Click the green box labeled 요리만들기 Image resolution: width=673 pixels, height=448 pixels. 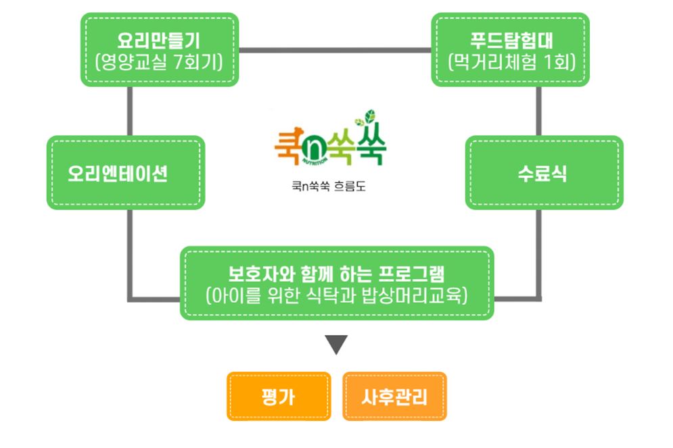160,49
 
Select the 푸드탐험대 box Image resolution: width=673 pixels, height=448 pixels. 510,49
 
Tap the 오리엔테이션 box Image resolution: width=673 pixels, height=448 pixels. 125,173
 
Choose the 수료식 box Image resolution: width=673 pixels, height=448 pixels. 543,173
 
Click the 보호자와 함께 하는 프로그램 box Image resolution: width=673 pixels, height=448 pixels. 337,283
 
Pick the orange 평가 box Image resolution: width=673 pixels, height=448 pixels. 278,396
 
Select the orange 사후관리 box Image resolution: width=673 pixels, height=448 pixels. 395,396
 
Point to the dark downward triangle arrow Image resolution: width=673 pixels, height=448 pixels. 336,345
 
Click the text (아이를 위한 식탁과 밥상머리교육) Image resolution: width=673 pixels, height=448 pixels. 337,296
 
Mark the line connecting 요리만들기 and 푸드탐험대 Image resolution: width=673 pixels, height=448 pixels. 335,49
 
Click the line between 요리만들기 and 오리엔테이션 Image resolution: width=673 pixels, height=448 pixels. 129,111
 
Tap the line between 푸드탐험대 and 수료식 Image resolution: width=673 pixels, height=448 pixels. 540,111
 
